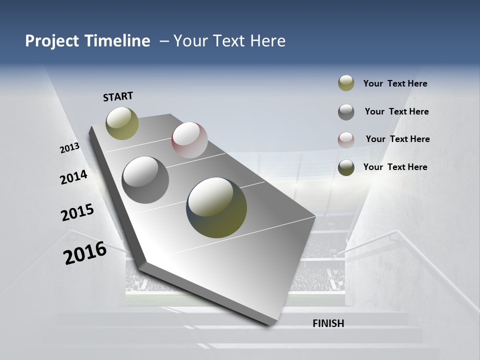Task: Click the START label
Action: tap(118, 96)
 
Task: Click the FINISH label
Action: tap(328, 323)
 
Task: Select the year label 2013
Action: tap(69, 148)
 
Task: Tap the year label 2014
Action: tap(73, 177)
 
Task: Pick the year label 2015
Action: tap(77, 212)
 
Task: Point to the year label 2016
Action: tap(85, 253)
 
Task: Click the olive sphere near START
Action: tap(122, 123)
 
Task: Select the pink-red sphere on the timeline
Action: tap(189, 139)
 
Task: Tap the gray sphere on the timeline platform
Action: tap(145, 179)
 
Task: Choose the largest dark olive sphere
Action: tap(216, 207)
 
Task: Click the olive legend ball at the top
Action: tap(346, 83)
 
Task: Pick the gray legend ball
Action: tap(346, 112)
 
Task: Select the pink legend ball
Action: tap(346, 139)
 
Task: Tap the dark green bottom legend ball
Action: tap(346, 167)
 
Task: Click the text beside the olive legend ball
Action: tap(395, 83)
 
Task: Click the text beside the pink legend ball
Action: tap(397, 139)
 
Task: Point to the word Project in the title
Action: tap(51, 41)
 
